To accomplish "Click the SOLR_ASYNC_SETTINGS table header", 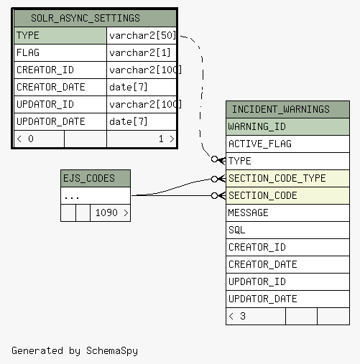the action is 96,18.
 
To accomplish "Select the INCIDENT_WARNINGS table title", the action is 281,109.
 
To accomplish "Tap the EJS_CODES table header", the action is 96,179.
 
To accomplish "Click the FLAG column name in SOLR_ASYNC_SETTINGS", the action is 28,52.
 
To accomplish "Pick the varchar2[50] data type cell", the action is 142,35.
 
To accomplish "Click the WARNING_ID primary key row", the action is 287,126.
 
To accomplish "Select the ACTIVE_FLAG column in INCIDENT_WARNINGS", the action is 287,144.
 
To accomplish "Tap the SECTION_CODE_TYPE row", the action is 287,178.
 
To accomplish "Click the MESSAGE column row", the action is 287,213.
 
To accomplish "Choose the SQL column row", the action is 287,230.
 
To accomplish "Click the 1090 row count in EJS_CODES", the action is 106,213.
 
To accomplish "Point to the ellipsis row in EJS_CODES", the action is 96,196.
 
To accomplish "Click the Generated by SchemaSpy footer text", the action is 75,351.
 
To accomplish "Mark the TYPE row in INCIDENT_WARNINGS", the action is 287,161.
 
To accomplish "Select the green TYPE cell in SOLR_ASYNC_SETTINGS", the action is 60,35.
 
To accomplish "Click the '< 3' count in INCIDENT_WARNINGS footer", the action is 237,316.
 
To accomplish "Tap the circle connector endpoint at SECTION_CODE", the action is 214,196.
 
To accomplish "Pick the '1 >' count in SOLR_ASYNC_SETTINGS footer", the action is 167,139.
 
